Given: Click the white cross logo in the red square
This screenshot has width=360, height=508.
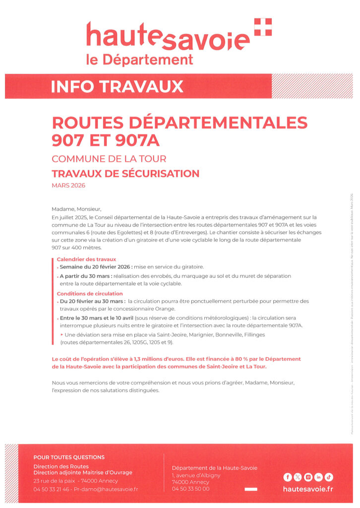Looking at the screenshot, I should click(263, 27).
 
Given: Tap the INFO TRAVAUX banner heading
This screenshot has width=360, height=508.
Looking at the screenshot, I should click(117, 86).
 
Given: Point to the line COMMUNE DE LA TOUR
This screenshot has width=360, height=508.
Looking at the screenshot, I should click(109, 159).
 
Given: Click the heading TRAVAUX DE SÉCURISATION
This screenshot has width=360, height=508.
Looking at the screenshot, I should click(125, 174).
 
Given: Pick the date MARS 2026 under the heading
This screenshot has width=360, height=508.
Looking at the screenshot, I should click(68, 186).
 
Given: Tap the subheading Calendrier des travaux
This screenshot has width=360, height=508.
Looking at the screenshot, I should click(86, 259).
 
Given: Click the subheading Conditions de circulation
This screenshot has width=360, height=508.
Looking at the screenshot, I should click(90, 294).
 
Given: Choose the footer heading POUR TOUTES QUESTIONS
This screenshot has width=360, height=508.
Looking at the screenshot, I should click(69, 457).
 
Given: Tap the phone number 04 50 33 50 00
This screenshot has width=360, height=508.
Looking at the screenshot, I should click(190, 489).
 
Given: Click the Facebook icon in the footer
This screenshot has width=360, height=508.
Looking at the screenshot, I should click(287, 477).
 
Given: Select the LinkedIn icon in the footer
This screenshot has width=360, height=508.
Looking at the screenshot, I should click(318, 477).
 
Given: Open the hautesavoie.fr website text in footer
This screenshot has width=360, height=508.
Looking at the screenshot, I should click(307, 489).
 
